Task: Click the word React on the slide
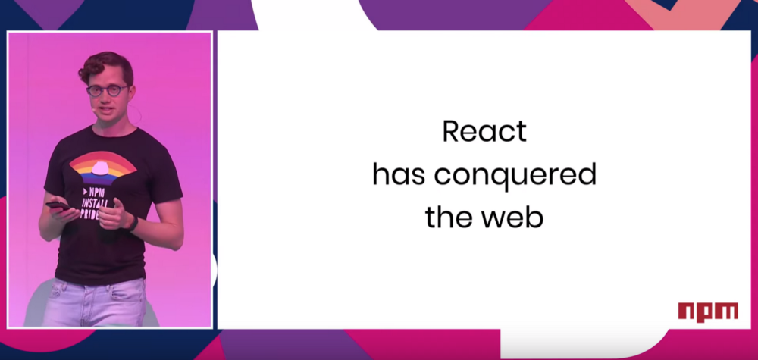484,131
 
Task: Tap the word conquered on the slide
515,175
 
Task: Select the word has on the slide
399,175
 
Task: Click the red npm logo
708,311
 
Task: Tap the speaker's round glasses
107,90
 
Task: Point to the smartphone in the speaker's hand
58,206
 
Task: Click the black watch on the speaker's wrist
133,224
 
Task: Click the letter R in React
450,131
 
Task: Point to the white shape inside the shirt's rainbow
100,168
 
